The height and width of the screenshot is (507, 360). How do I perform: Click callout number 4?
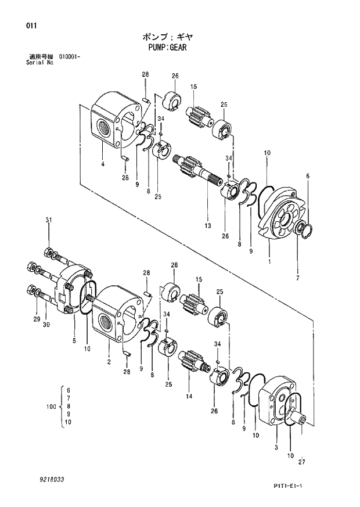pos(102,164)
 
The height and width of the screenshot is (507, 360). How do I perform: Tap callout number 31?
pos(49,220)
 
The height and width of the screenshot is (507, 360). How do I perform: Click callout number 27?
pos(301,462)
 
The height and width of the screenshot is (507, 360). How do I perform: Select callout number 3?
pos(276,447)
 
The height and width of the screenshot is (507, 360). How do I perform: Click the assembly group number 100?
pos(50,408)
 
